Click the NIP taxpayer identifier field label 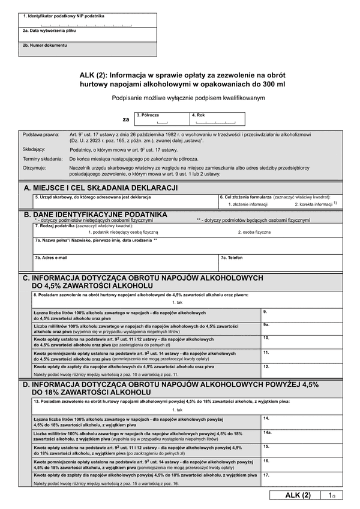[64, 16]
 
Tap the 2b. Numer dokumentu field [88, 50]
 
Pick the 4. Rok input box [217, 119]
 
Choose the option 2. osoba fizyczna [254, 231]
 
